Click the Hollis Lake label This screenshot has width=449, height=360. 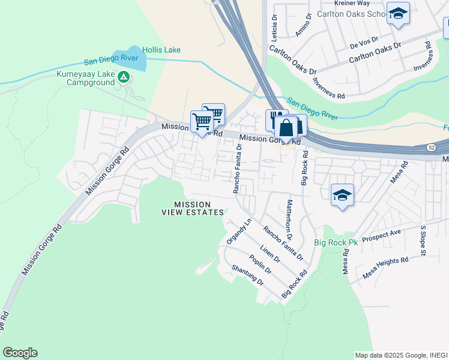[161, 50]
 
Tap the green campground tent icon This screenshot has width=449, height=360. [124, 76]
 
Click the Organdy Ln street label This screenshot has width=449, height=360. [238, 231]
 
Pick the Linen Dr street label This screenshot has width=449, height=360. [270, 254]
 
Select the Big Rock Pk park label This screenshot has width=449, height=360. [336, 243]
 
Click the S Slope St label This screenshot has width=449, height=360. [423, 241]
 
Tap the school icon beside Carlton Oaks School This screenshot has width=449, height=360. [397, 13]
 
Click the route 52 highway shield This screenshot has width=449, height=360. [432, 147]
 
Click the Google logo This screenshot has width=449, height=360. [20, 353]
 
